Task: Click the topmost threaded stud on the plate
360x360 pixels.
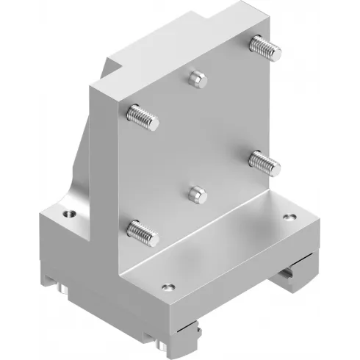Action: tap(266, 47)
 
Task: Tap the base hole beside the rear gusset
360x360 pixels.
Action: tap(69, 214)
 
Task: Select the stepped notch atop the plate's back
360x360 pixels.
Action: tap(116, 71)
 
